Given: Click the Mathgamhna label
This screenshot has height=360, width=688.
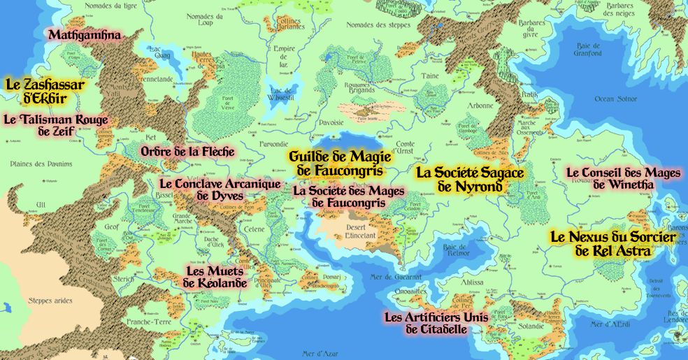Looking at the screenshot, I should [x=84, y=34].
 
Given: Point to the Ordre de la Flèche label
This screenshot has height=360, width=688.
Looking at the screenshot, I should [x=187, y=151].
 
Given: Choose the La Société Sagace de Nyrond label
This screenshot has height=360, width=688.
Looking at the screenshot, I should [x=469, y=179].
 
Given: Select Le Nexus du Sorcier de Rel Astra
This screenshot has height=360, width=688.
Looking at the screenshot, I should [x=612, y=243].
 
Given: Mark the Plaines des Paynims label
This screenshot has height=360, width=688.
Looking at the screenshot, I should [x=41, y=164].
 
